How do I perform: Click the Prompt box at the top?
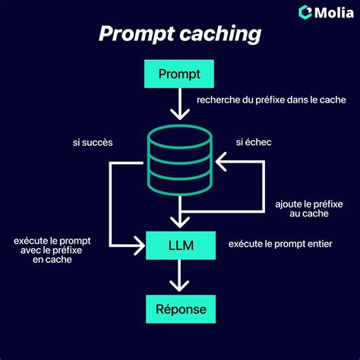179,74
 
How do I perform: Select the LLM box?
179,245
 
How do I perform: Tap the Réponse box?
179,310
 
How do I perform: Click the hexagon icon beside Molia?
305,11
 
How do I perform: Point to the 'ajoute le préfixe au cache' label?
304,209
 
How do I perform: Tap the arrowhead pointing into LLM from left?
140,245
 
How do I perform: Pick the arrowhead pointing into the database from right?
221,162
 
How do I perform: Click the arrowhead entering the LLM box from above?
179,221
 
